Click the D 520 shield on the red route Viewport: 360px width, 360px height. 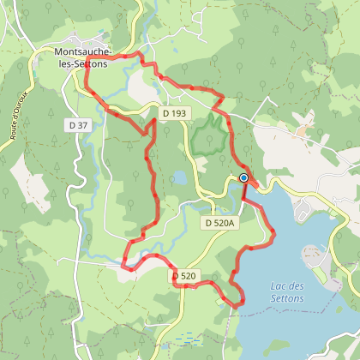pyautogui.click(x=184, y=276)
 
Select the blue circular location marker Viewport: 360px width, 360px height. pyautogui.click(x=243, y=178)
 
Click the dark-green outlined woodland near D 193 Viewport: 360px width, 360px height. pyautogui.click(x=208, y=135)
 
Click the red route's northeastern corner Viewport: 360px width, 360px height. pyautogui.click(x=222, y=97)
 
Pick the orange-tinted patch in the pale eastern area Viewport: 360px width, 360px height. pyautogui.click(x=302, y=129)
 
